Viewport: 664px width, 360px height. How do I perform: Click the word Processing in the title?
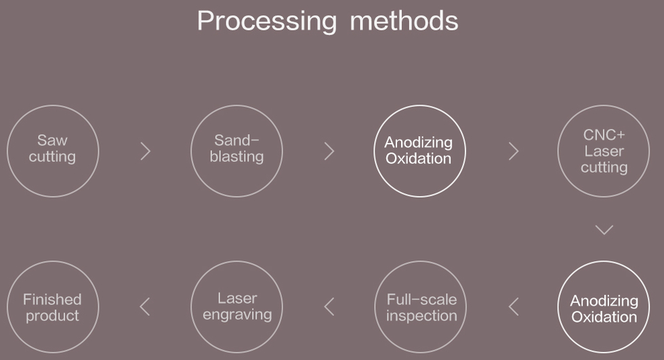[x=267, y=22]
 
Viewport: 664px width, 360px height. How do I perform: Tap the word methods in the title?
[x=404, y=21]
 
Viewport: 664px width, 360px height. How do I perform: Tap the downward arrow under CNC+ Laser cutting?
[x=604, y=234]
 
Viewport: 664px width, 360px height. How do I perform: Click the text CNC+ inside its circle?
[x=604, y=135]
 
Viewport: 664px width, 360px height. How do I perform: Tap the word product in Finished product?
[x=53, y=316]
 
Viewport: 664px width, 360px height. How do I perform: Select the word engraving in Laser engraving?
[x=237, y=315]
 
